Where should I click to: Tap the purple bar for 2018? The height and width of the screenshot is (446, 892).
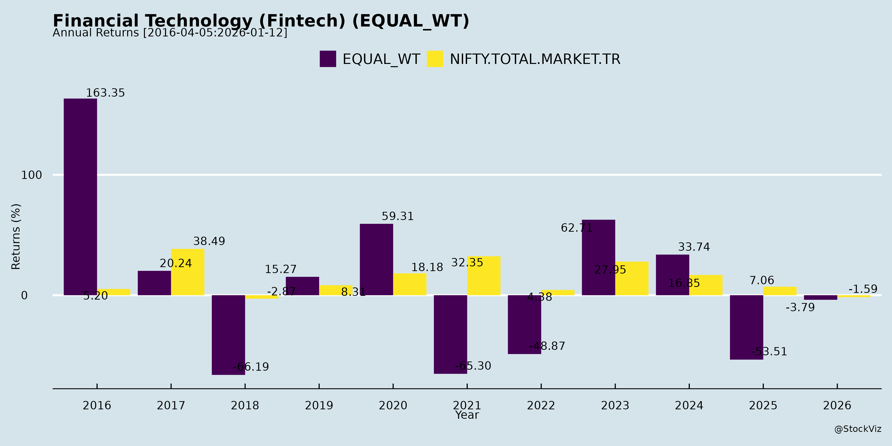(x=228, y=334)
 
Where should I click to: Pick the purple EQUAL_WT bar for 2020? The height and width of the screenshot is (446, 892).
(x=376, y=259)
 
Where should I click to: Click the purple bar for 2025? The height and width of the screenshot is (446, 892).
(x=746, y=327)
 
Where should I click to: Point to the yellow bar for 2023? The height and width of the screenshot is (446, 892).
(x=632, y=279)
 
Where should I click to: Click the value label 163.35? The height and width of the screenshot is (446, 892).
(x=105, y=93)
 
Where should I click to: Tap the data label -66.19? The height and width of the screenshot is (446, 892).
(x=251, y=367)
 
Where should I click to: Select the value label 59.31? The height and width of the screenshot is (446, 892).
(x=397, y=216)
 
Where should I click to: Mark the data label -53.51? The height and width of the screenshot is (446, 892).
(x=769, y=351)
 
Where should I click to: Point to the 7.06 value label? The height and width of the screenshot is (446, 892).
(x=761, y=280)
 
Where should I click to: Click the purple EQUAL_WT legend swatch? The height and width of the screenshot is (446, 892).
(x=328, y=59)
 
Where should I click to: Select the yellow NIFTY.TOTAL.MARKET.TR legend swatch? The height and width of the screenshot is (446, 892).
(x=435, y=59)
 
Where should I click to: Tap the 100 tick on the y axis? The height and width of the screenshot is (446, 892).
(x=31, y=175)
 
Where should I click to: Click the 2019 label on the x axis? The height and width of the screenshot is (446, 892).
(x=319, y=405)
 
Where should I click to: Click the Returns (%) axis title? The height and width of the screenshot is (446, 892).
(x=16, y=237)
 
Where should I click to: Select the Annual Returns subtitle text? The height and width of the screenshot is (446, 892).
(x=170, y=33)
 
